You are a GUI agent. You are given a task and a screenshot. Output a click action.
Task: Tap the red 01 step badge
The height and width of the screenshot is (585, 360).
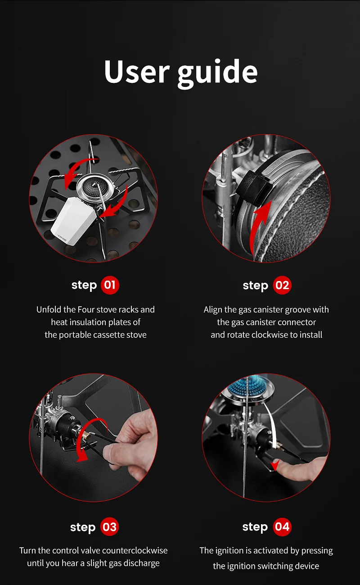(x=110, y=285)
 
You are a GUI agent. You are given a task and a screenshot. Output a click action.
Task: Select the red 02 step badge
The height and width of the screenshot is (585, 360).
(x=282, y=286)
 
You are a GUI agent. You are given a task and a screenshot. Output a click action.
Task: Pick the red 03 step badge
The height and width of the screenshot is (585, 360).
(x=109, y=527)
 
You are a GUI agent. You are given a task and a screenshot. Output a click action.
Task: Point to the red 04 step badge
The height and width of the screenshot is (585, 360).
(x=282, y=527)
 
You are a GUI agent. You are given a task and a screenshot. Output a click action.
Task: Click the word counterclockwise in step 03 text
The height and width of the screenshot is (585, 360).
(x=135, y=550)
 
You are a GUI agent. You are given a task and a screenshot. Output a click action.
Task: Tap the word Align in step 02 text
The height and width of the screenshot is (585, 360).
(x=213, y=309)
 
